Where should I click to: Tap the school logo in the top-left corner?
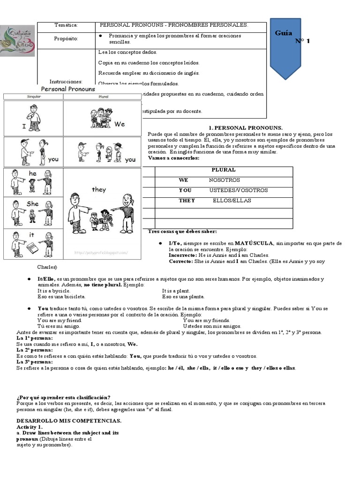click(17, 41)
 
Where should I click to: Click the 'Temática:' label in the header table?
click(66, 25)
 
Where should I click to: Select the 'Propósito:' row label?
click(66, 38)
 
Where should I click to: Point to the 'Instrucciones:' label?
click(66, 81)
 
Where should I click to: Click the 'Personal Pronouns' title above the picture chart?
click(68, 89)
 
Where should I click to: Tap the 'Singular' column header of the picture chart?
click(33, 97)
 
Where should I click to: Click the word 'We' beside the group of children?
click(120, 124)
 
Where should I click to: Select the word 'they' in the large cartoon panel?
click(99, 189)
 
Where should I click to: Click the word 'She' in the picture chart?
click(32, 204)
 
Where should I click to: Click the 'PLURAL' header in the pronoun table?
click(223, 170)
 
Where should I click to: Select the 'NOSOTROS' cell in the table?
click(224, 180)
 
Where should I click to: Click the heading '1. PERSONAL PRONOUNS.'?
click(245, 127)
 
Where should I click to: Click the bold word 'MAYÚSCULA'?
click(255, 243)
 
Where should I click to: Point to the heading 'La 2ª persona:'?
click(35, 350)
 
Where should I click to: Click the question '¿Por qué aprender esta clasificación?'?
click(63, 397)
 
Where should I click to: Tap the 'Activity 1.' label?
click(30, 427)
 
